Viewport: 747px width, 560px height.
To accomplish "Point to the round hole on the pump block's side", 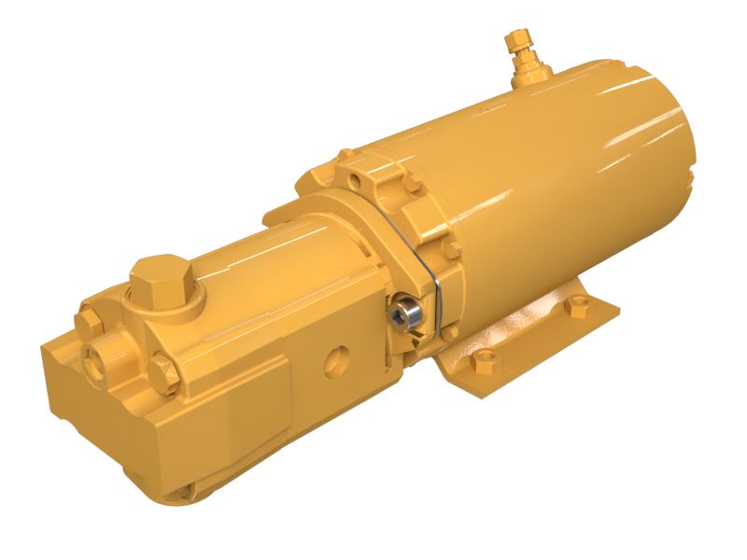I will point(334,358).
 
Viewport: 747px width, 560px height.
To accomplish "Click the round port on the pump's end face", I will point(97,356).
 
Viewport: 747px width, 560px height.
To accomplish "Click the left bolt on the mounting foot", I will point(485,358).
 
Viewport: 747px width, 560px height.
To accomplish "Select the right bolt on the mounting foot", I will point(577,305).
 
